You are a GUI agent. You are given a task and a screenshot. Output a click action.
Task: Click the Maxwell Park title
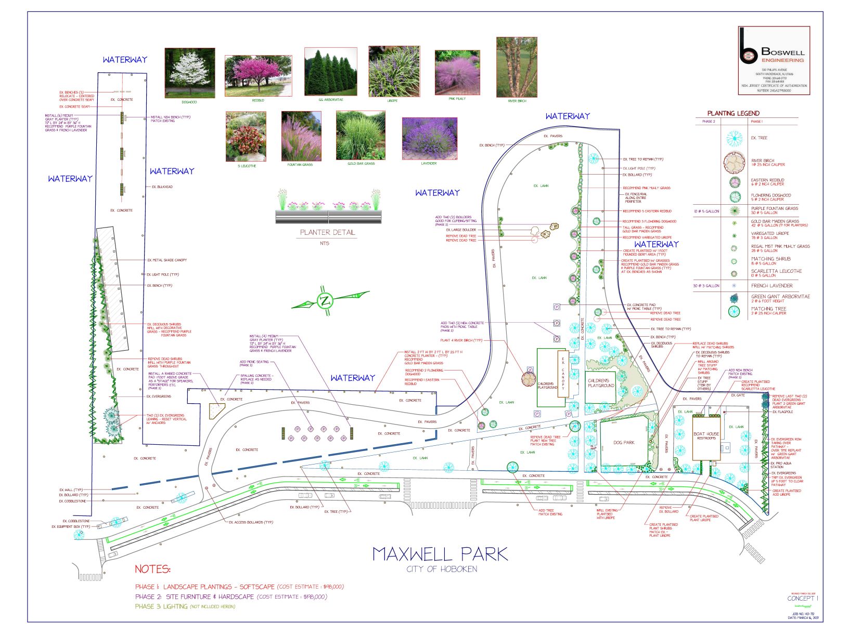tap(440, 554)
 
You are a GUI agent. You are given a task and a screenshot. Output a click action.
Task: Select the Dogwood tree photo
tap(189, 73)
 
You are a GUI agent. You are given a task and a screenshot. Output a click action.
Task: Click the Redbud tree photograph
tap(258, 76)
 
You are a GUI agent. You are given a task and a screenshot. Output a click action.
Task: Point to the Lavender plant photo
tap(429, 138)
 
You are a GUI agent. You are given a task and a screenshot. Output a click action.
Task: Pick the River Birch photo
tap(516, 67)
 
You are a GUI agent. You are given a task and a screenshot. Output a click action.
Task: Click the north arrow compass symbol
tap(325, 301)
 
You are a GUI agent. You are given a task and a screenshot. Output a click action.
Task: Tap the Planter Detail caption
tap(327, 232)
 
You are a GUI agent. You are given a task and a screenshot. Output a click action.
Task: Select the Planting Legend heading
tap(733, 113)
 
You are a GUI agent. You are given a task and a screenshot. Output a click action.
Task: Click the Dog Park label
tap(623, 443)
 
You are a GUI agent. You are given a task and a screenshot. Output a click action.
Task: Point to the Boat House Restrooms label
tap(706, 436)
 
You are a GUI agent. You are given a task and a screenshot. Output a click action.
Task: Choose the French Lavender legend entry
tap(771, 286)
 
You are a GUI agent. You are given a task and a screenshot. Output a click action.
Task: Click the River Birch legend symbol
tap(734, 163)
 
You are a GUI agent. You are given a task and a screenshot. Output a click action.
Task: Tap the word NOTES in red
tap(152, 569)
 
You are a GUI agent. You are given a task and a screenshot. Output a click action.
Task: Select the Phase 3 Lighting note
tap(185, 606)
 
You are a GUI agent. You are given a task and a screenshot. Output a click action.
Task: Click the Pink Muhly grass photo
tap(457, 73)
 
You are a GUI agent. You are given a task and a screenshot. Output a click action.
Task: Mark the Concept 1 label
tap(802, 598)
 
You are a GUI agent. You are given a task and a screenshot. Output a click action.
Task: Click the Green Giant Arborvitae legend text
tap(780, 297)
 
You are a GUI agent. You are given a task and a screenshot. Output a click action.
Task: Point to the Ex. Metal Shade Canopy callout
tap(166, 260)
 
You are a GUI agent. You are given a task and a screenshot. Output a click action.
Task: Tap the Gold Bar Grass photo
tap(361, 136)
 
